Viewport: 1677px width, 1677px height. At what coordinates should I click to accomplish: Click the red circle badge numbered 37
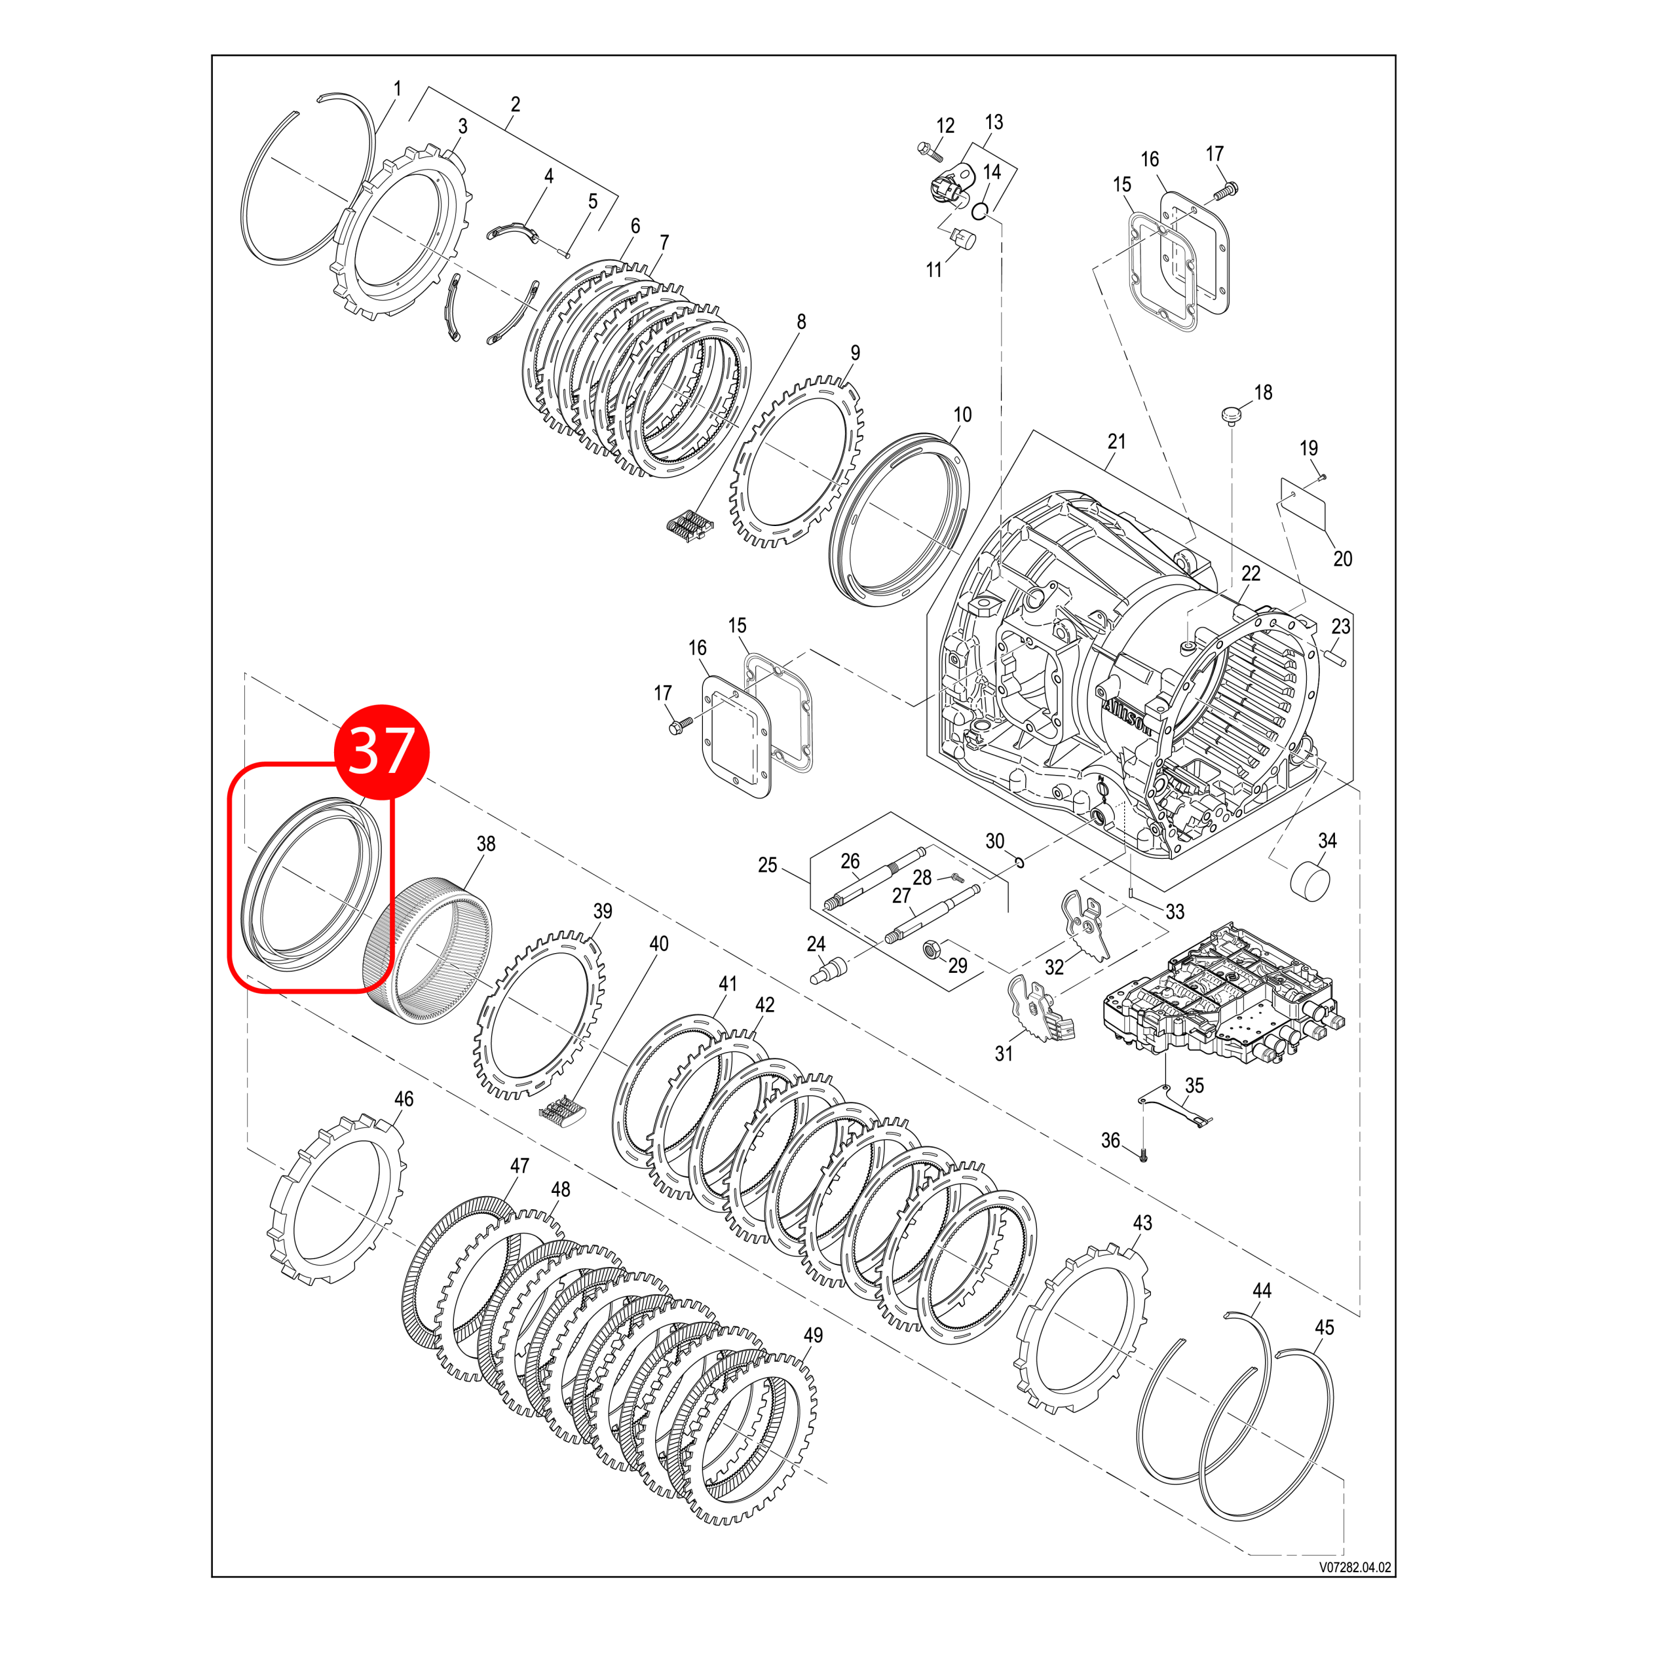(382, 750)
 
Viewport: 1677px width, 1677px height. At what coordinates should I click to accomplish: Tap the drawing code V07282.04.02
(1355, 1567)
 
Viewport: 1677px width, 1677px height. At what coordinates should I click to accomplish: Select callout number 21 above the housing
(1116, 441)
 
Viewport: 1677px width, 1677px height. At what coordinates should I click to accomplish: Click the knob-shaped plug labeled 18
(1230, 414)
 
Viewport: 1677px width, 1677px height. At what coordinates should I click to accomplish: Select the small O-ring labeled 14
(979, 210)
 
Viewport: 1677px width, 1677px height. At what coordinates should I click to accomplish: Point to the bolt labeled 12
(929, 151)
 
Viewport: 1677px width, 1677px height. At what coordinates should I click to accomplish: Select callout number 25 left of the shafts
(767, 865)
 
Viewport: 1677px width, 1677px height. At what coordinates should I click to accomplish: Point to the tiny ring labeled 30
(1019, 861)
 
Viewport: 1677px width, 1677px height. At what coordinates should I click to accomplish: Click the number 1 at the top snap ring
(398, 88)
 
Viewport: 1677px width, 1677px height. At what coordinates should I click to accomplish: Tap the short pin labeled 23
(1335, 662)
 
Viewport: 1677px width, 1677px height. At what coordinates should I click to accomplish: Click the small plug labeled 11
(962, 236)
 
